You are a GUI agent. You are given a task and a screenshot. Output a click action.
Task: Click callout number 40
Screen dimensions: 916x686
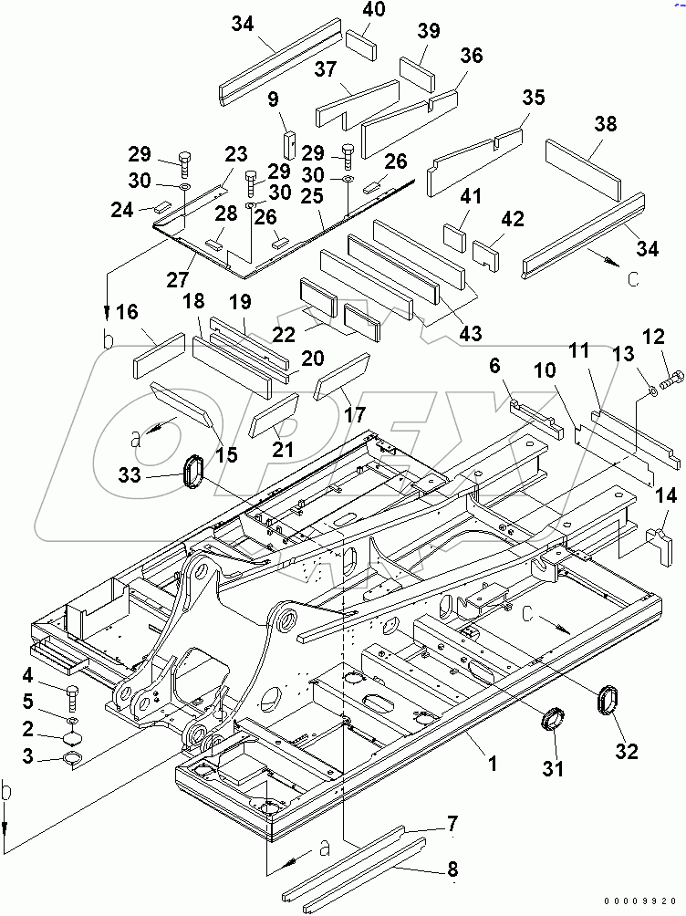(374, 10)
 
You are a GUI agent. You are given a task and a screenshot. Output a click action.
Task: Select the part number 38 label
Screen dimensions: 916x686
(604, 123)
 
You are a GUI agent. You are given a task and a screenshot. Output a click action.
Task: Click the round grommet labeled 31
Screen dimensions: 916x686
(552, 718)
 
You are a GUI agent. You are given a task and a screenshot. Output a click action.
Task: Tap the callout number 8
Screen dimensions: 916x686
(453, 870)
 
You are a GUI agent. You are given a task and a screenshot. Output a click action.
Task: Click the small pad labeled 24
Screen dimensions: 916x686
(164, 206)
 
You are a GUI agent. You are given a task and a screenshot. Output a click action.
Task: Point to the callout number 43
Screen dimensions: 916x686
(472, 334)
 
